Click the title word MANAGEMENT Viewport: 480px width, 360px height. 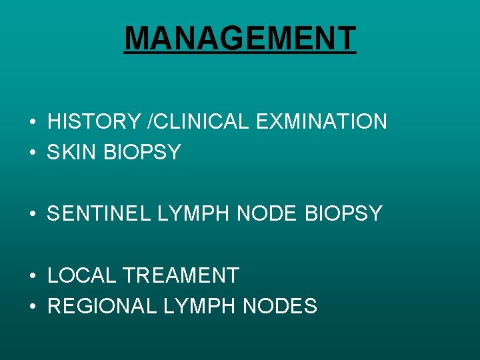[x=240, y=39]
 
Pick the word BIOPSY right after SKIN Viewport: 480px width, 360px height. [x=142, y=153]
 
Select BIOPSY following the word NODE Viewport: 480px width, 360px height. [x=344, y=214]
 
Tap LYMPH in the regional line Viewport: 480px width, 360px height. [x=197, y=306]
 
